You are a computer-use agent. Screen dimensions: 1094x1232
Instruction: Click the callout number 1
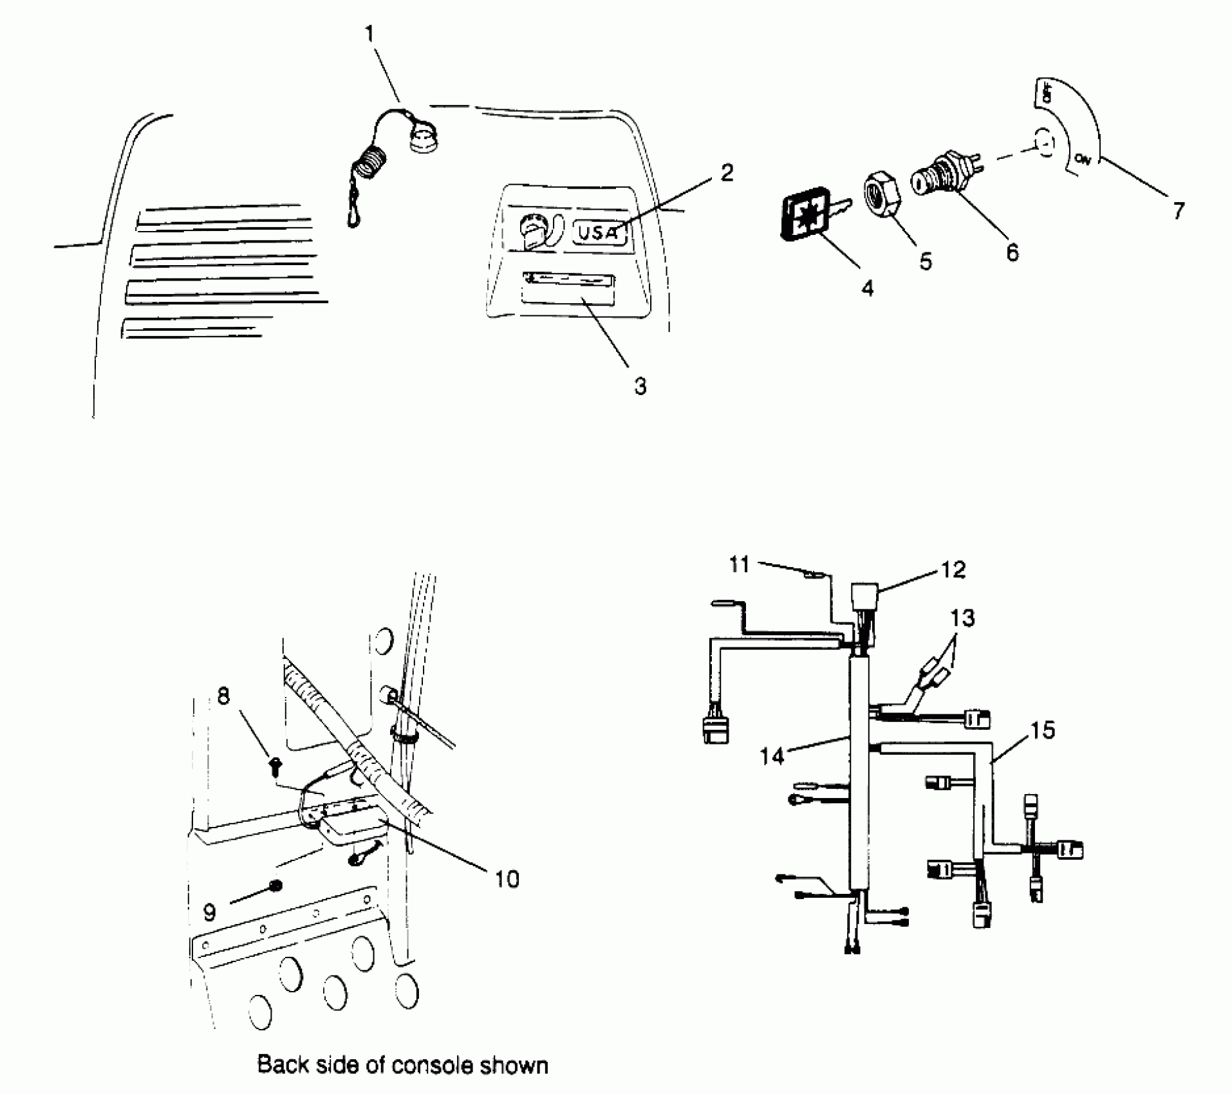coord(370,33)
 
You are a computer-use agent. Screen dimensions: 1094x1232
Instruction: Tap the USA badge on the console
coord(599,232)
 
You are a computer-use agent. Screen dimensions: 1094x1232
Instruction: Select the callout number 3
coord(640,386)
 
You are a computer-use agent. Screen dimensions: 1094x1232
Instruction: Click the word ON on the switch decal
coord(1083,160)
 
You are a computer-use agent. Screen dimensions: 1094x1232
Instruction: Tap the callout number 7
coord(1179,210)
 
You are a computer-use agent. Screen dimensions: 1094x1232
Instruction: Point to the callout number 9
coord(210,913)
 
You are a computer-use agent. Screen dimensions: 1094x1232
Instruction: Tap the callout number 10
coord(507,879)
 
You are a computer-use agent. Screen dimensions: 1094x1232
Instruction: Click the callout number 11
coord(739,565)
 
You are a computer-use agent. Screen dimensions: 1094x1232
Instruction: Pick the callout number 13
coord(962,618)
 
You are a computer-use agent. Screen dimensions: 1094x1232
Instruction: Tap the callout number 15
coord(1043,730)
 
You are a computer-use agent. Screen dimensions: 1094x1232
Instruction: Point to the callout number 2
coord(727,172)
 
